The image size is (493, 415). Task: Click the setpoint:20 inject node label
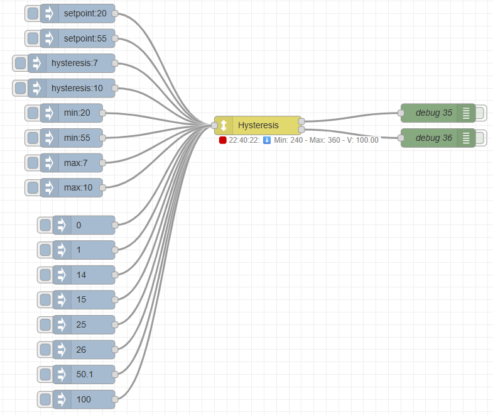pyautogui.click(x=85, y=14)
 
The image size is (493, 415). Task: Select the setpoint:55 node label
pyautogui.click(x=85, y=38)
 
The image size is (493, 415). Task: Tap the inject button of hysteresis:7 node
pyautogui.click(x=21, y=63)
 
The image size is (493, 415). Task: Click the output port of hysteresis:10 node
pyautogui.click(x=115, y=88)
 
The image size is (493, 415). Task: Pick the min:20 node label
pyautogui.click(x=77, y=113)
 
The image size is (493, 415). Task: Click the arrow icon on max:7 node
pyautogui.click(x=50, y=163)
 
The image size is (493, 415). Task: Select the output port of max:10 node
pyautogui.click(x=102, y=187)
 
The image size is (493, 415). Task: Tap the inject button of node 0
pyautogui.click(x=45, y=225)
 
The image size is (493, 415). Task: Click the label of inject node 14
pyautogui.click(x=81, y=275)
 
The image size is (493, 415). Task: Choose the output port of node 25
pyautogui.click(x=115, y=324)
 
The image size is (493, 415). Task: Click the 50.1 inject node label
pyautogui.click(x=85, y=374)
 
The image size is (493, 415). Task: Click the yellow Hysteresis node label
pyautogui.click(x=258, y=125)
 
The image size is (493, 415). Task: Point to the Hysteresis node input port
pyautogui.click(x=214, y=125)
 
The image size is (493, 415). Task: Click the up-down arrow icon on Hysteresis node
pyautogui.click(x=224, y=125)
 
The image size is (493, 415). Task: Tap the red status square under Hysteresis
pyautogui.click(x=222, y=140)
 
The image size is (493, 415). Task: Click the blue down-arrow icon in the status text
pyautogui.click(x=267, y=140)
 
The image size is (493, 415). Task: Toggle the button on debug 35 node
pyautogui.click(x=480, y=113)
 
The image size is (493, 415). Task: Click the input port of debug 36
pyautogui.click(x=401, y=138)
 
